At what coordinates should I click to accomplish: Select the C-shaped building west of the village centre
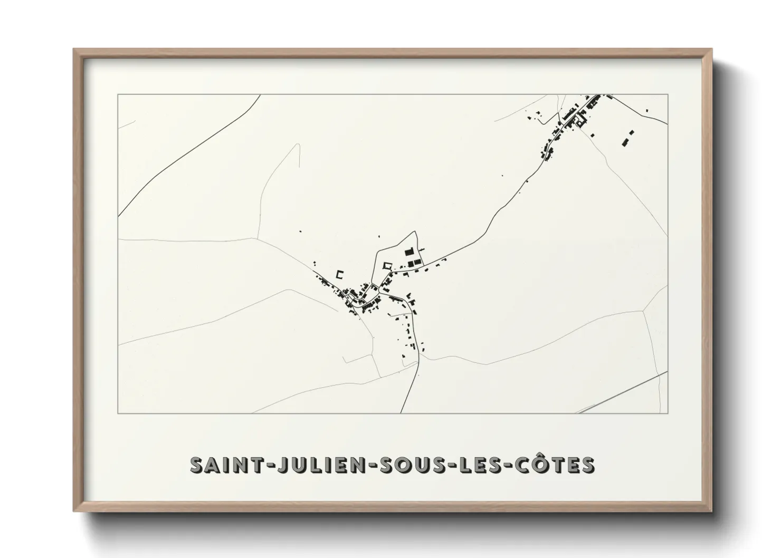[x=340, y=275]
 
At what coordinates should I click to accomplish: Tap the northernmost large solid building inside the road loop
[x=407, y=253]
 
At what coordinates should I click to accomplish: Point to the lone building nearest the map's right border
[x=647, y=111]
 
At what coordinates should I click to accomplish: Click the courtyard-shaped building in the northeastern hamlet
[x=580, y=123]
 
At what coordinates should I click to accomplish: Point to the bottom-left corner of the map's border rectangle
[x=118, y=413]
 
